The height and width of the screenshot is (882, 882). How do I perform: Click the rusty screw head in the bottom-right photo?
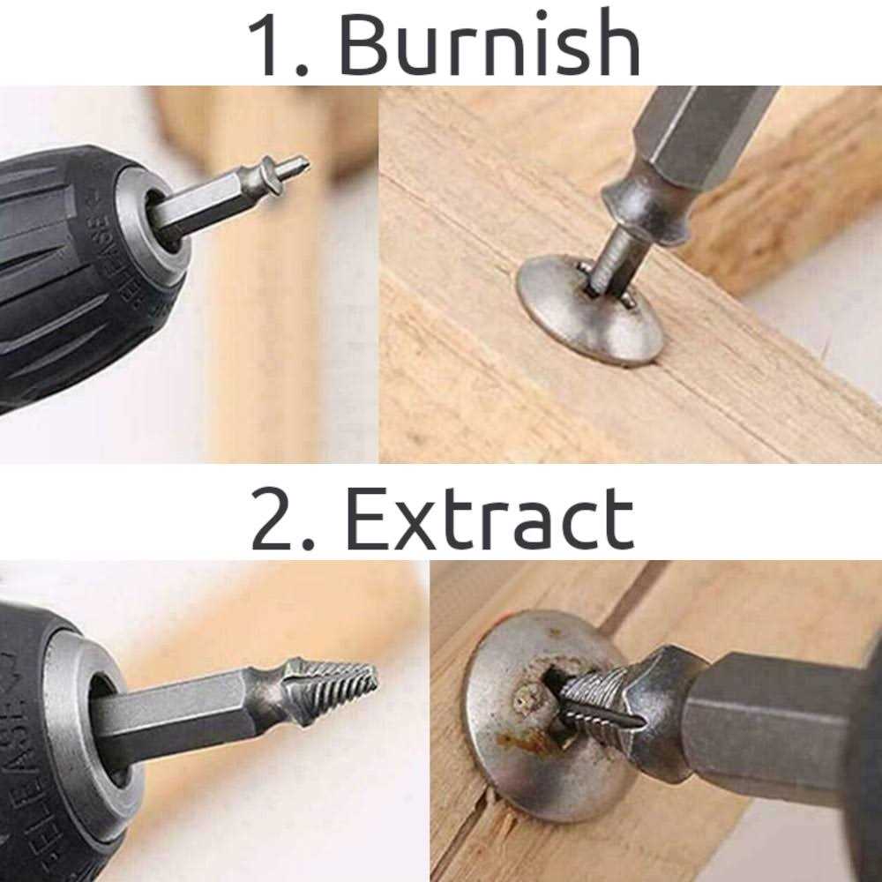click(x=529, y=706)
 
